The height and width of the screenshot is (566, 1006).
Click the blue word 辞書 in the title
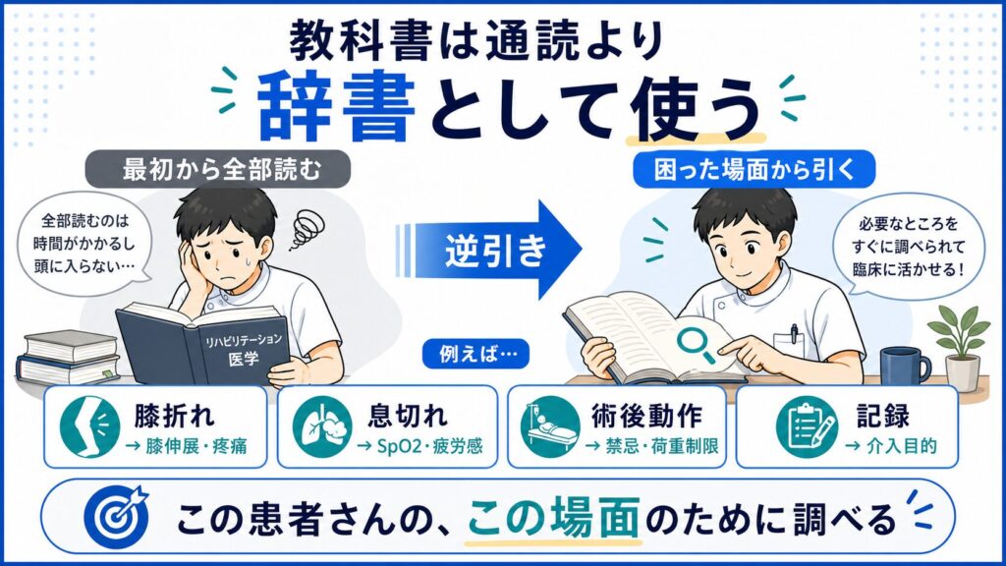pos(336,106)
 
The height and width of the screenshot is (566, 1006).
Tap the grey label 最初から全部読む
pos(218,169)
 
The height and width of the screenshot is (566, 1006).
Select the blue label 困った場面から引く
pos(754,169)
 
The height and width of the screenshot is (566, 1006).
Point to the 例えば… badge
pos(475,354)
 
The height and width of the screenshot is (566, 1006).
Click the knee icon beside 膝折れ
pos(89,426)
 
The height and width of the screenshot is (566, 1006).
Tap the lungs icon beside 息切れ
pos(322,426)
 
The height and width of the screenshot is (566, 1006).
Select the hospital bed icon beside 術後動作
pos(550,426)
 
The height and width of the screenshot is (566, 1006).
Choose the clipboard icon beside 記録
pos(806,426)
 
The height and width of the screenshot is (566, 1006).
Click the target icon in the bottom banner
pos(116,517)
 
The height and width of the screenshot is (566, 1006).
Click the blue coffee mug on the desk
pos(905,366)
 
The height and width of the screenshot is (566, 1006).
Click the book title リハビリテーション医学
pos(244,349)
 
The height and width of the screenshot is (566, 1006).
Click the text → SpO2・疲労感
pos(419,446)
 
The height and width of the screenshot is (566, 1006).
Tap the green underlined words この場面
pos(553,517)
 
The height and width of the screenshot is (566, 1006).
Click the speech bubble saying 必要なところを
pos(908,247)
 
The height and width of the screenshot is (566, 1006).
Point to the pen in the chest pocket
pos(794,333)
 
